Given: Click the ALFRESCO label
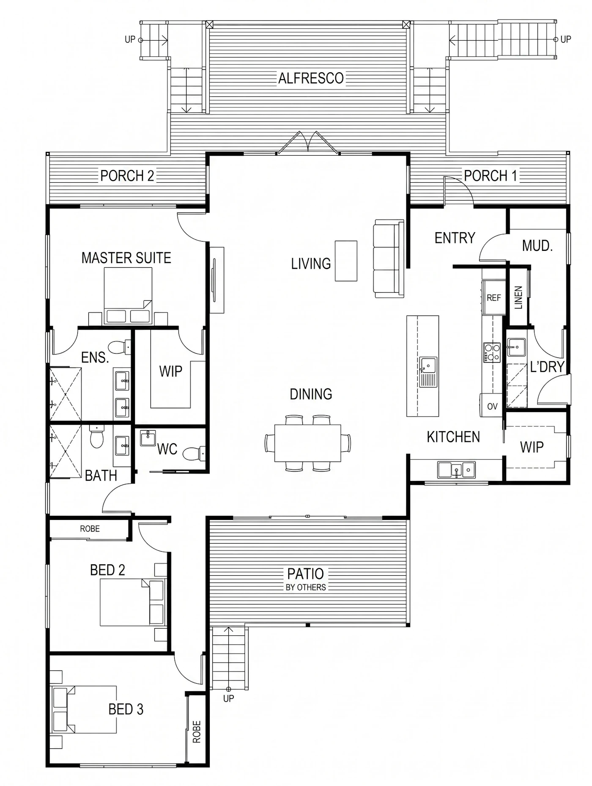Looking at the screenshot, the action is [311, 78].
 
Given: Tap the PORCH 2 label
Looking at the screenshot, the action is [127, 176].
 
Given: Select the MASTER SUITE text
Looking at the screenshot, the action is [126, 258].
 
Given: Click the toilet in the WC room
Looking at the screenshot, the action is [194, 454].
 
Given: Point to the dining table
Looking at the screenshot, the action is [308, 443].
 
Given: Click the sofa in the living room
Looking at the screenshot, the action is [389, 258].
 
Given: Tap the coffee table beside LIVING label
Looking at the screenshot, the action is [346, 261].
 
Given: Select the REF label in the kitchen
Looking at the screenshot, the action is [493, 298].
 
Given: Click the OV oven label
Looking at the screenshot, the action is [492, 407].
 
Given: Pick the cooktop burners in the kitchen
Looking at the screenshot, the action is [492, 352].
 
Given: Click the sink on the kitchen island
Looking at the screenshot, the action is [428, 372].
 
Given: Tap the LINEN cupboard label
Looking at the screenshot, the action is [518, 297].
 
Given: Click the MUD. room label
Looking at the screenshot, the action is [537, 245].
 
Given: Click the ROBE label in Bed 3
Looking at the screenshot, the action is [197, 732].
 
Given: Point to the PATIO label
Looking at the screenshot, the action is [305, 574].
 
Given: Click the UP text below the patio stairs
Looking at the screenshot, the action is [228, 698].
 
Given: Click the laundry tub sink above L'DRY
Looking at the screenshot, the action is [516, 347].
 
